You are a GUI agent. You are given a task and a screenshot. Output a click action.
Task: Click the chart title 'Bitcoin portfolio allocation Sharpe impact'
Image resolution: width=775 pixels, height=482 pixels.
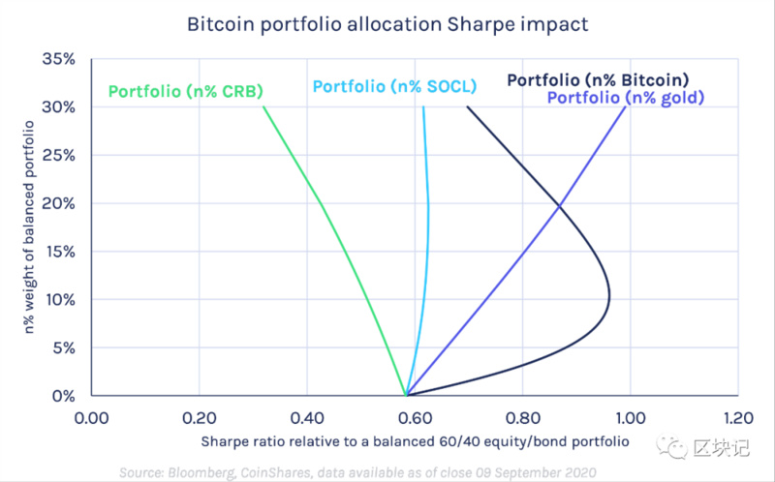point(387,24)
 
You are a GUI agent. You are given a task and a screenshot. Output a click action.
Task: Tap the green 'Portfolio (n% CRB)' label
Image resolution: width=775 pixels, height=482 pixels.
point(186,93)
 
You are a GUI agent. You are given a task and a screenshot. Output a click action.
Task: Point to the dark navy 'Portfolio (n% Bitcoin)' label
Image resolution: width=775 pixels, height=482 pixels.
point(598,79)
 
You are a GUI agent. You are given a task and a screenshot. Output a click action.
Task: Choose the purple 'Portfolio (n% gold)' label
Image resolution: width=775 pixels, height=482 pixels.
point(625,98)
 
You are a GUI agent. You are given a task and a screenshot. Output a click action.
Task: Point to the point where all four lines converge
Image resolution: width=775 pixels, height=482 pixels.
point(406,395)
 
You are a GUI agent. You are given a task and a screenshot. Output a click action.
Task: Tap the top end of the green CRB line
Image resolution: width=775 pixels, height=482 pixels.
point(263,107)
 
